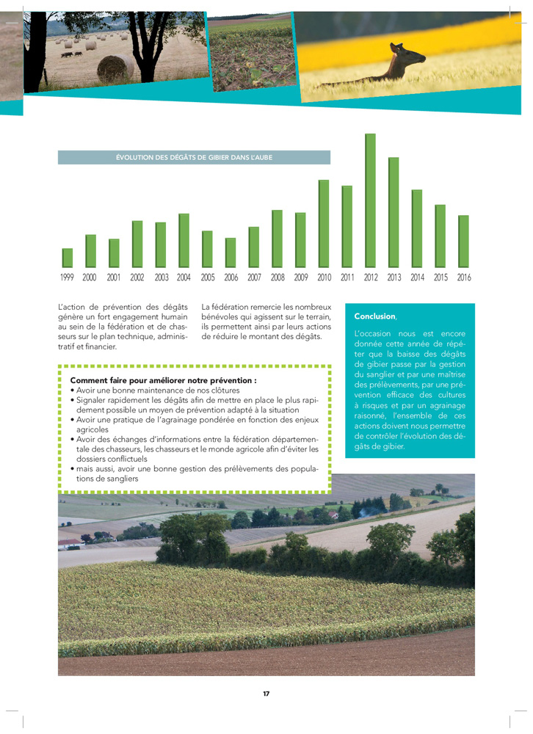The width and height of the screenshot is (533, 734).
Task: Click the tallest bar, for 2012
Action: [370, 200]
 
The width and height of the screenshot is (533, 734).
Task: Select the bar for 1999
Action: [68, 258]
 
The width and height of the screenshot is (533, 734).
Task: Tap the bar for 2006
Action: [231, 252]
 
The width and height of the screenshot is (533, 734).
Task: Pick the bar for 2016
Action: [463, 241]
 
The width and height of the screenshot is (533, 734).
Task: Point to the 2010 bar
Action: [324, 224]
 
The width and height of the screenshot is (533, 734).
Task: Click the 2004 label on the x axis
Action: [184, 278]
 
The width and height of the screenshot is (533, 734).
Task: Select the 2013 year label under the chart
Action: [394, 278]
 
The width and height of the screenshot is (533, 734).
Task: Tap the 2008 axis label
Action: [278, 278]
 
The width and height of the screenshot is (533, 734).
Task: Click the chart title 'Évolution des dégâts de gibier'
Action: [194, 158]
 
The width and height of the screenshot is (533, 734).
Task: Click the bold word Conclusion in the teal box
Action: [374, 316]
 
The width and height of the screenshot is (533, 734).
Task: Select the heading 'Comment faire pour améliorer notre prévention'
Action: [163, 380]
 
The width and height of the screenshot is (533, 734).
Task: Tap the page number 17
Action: [266, 694]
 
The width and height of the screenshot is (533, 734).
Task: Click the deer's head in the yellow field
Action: [399, 49]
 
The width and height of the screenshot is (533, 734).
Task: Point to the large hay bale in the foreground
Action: [115, 68]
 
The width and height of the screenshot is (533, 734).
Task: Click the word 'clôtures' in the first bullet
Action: [223, 390]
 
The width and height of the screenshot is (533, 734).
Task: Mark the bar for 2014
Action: [417, 228]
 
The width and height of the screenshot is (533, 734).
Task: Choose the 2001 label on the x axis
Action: [113, 278]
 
